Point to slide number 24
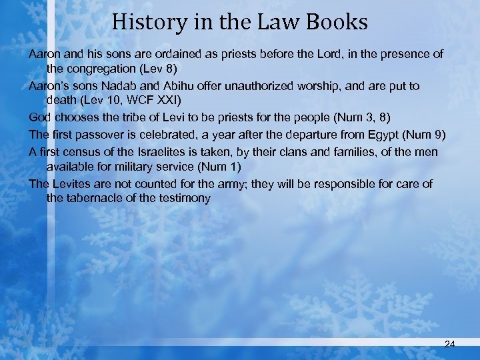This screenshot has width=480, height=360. click(449, 344)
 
